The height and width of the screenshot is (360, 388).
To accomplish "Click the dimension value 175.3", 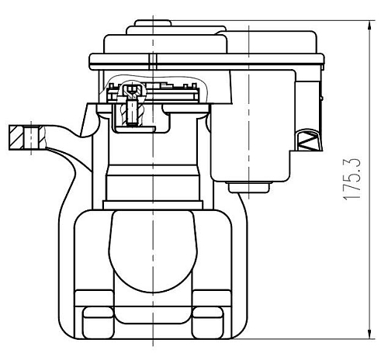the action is (352, 179).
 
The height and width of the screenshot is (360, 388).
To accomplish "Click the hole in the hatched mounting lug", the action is (32, 137).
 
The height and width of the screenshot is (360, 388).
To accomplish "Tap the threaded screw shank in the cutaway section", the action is (132, 112).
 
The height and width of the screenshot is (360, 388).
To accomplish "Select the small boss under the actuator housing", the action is (249, 188).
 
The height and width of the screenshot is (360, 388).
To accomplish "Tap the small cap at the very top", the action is (153, 23).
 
